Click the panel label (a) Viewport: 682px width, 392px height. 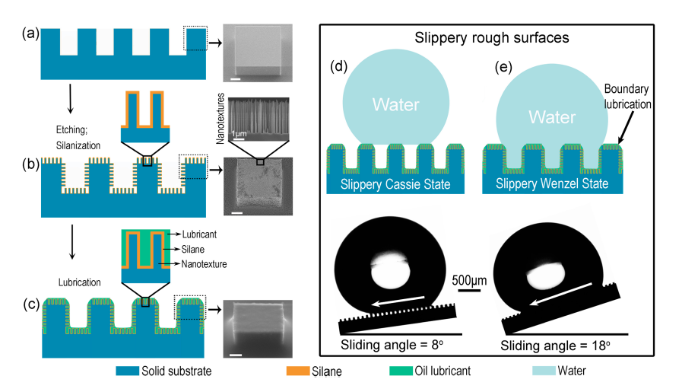[30, 33]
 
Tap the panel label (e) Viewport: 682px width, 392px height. [501, 66]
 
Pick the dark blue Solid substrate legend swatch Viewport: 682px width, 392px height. [139, 371]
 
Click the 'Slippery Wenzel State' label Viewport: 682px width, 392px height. [553, 183]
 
